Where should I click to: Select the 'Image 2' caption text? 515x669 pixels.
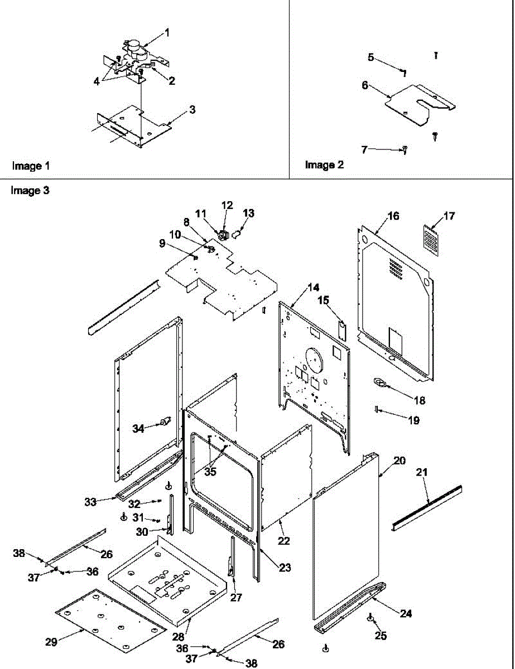[324, 165]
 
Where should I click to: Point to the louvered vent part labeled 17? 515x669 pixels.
[431, 240]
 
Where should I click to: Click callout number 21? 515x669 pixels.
[422, 472]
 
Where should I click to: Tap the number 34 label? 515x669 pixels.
[137, 428]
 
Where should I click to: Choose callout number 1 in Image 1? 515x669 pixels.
[166, 33]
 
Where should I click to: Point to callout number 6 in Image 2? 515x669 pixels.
[365, 85]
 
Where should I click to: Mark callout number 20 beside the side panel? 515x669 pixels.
[400, 461]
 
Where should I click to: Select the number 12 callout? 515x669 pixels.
[227, 205]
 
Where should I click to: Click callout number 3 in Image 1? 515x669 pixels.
[192, 110]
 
